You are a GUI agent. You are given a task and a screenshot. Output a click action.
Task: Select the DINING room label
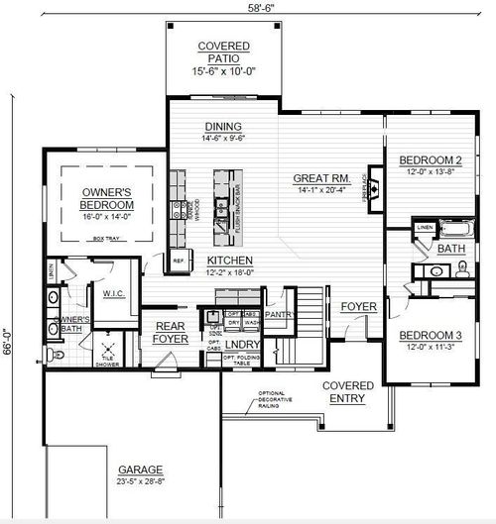click(223, 127)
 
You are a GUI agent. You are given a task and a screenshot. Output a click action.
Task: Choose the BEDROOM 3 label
click(432, 336)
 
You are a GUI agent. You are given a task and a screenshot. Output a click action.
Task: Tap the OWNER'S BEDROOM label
click(106, 197)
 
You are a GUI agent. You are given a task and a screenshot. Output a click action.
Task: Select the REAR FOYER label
click(171, 333)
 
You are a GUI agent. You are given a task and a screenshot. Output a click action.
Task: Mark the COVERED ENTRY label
click(348, 391)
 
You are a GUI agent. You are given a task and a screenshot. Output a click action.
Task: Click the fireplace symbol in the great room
click(375, 183)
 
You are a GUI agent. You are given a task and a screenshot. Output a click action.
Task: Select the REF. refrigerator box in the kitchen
click(179, 262)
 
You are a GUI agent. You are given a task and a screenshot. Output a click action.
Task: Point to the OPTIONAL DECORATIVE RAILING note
click(271, 398)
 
